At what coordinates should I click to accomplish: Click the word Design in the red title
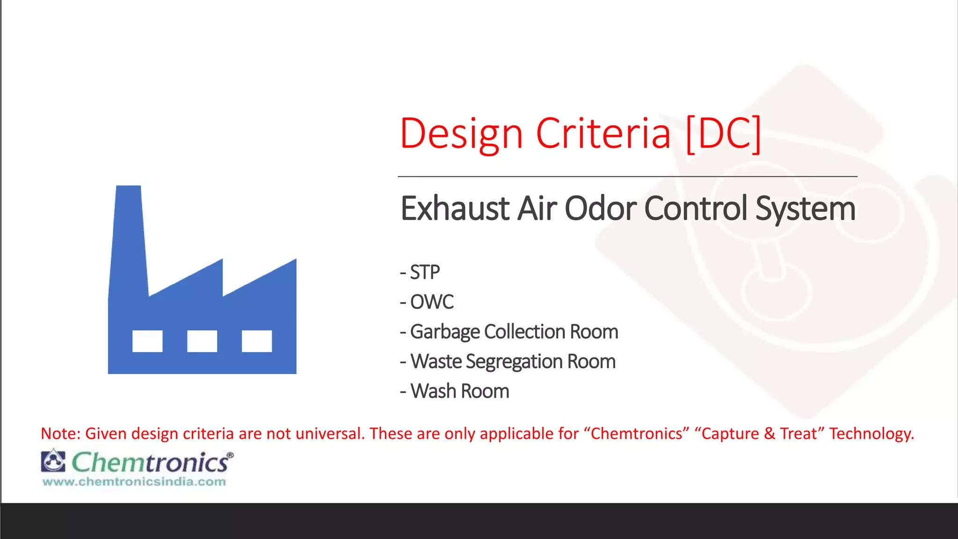click(461, 135)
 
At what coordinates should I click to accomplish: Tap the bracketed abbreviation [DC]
click(723, 135)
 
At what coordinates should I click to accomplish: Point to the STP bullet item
click(425, 272)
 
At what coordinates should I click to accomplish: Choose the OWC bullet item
click(431, 302)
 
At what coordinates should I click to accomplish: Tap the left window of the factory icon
click(147, 341)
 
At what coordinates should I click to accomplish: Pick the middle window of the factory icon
click(202, 341)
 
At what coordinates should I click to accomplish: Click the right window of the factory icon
click(257, 341)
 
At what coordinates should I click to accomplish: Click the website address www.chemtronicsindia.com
click(134, 482)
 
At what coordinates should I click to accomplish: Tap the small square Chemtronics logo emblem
click(53, 461)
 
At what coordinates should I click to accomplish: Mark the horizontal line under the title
click(627, 176)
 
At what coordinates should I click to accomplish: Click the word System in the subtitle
click(806, 209)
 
